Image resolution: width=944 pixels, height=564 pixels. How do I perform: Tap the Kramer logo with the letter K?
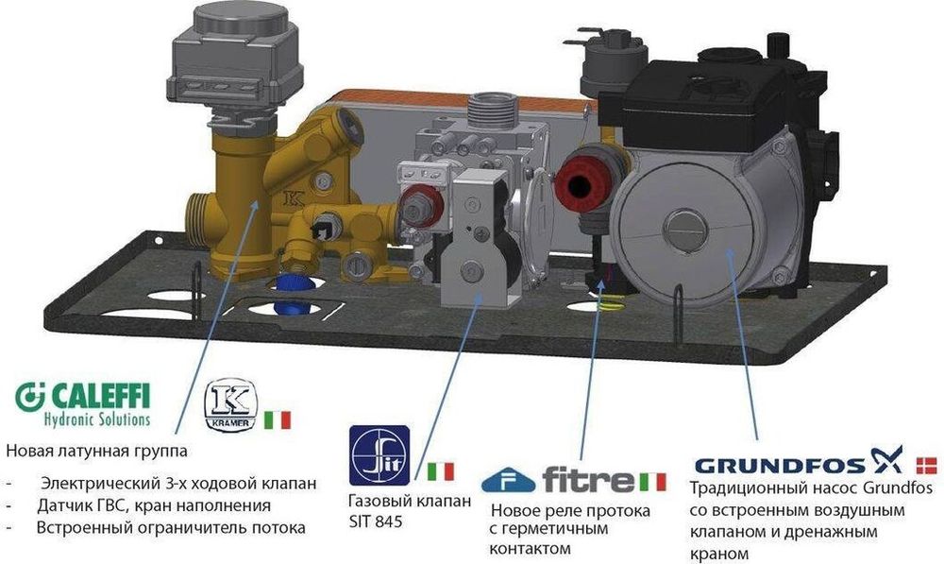pyautogui.click(x=231, y=403)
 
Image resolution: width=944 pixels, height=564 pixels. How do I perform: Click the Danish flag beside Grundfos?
pyautogui.click(x=928, y=464)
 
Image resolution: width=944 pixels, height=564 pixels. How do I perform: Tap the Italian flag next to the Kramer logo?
pyautogui.click(x=278, y=420)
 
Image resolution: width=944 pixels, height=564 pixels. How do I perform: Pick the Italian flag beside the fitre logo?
pyautogui.click(x=651, y=480)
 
